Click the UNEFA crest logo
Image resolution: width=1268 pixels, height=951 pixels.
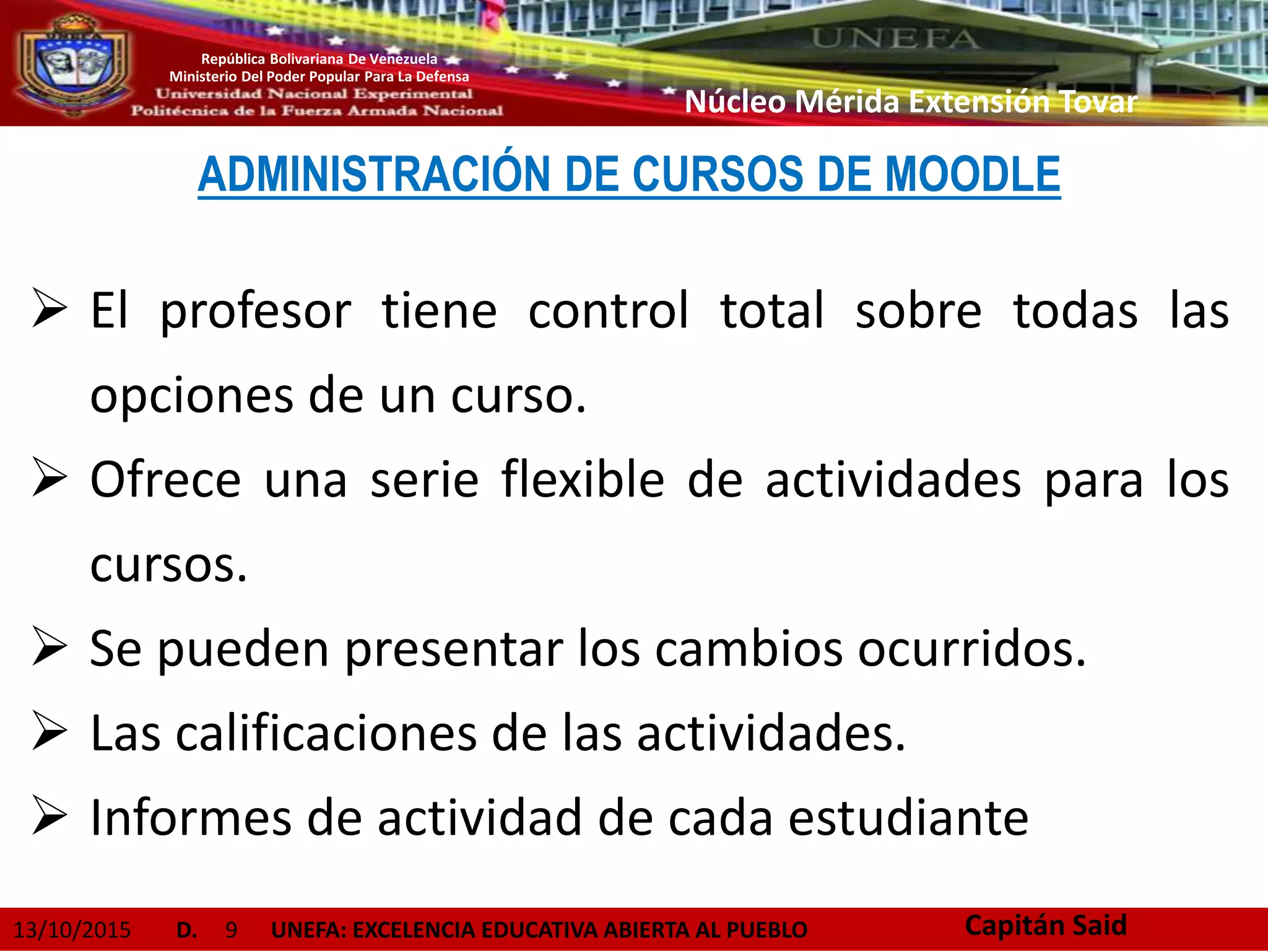point(73,65)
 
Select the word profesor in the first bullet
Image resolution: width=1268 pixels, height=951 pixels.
point(255,311)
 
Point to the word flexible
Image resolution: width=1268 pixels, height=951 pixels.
point(583,480)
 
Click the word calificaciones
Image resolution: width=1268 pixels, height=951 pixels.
point(326,734)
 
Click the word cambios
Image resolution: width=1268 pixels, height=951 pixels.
point(749,649)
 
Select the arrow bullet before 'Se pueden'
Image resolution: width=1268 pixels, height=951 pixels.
point(50,647)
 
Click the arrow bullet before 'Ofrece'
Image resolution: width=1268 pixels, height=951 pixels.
point(50,478)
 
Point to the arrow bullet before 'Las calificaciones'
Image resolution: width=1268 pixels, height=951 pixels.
point(50,732)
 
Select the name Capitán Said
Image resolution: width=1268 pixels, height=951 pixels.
point(1046,926)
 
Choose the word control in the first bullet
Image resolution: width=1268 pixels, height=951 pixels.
point(608,311)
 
